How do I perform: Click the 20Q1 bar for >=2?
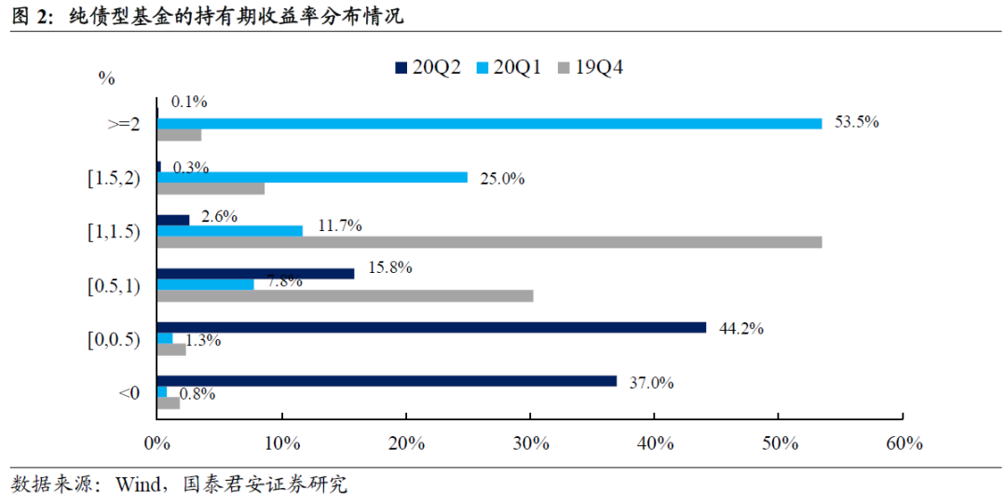pyautogui.click(x=489, y=123)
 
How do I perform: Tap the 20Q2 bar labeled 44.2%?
pyautogui.click(x=431, y=327)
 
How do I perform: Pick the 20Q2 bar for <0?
pyautogui.click(x=387, y=381)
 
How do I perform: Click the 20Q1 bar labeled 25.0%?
pyautogui.click(x=312, y=177)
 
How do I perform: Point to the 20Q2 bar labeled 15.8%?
pyautogui.click(x=255, y=273)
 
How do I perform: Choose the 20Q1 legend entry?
pyautogui.click(x=507, y=66)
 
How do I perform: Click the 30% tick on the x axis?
pyautogui.click(x=531, y=443)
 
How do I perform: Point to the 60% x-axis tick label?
pyautogui.click(x=904, y=443)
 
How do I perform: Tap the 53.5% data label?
pyautogui.click(x=856, y=122)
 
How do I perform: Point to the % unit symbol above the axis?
pyautogui.click(x=106, y=78)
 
